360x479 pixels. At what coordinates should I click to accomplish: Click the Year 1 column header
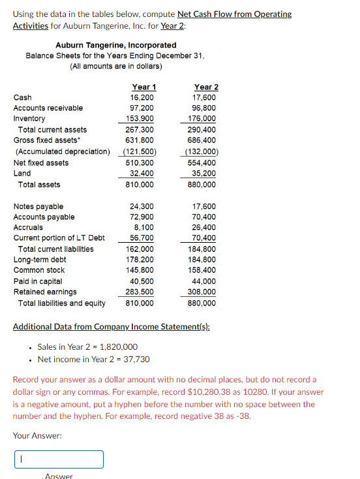[143, 87]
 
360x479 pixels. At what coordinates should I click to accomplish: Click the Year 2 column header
[206, 87]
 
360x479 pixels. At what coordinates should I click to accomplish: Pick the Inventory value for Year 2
[206, 119]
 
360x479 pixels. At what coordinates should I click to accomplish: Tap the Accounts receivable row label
[48, 108]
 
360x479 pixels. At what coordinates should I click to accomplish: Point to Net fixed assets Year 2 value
[206, 162]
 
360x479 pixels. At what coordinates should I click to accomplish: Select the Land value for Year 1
[143, 174]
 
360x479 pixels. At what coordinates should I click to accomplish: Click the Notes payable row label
[38, 206]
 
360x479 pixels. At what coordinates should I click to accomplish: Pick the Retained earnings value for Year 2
[206, 292]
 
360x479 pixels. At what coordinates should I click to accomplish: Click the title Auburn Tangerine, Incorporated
[115, 45]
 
